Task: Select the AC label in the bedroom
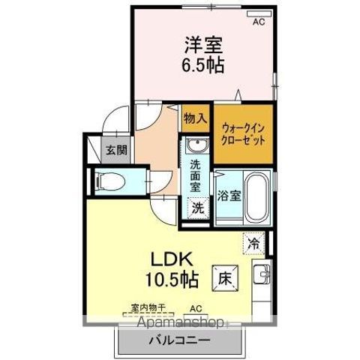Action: pos(259,22)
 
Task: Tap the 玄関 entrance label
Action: pos(115,149)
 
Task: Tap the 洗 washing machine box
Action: pos(196,207)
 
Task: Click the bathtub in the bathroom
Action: pos(257,197)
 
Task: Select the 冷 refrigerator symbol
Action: pos(253,243)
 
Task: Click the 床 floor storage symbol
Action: pos(224,277)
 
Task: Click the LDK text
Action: pos(175,259)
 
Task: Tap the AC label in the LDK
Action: pos(196,308)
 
